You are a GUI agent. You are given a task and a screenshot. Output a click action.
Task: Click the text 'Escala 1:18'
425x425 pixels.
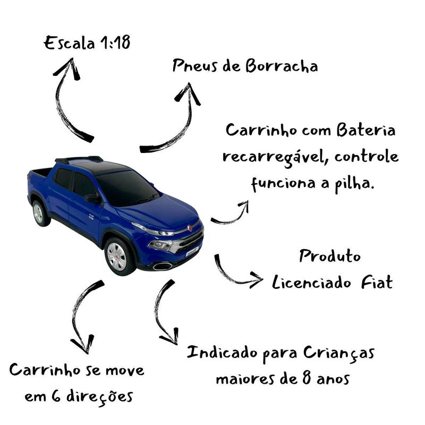(87, 43)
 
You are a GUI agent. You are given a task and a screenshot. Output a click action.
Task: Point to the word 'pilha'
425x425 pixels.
(350, 184)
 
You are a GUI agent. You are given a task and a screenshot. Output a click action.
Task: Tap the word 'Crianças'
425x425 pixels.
(340, 353)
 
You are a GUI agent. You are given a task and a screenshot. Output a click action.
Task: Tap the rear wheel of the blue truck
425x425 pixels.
(38, 212)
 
